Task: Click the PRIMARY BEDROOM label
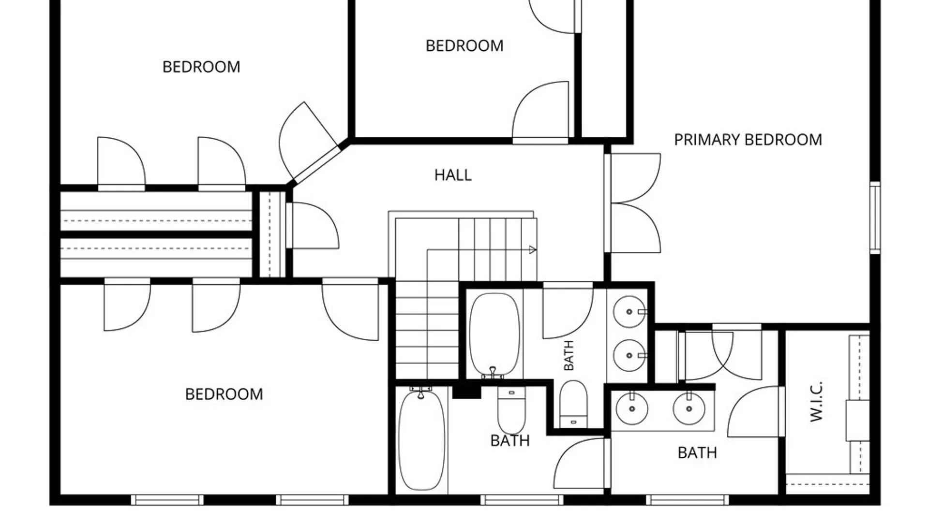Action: [x=748, y=140]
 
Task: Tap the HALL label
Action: [x=453, y=175]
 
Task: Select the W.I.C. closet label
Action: [x=816, y=401]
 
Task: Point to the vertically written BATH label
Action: [x=569, y=355]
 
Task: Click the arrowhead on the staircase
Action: [x=533, y=250]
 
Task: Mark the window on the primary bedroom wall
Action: [x=875, y=217]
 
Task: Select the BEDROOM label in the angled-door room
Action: [x=201, y=67]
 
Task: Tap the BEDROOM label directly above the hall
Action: [x=464, y=46]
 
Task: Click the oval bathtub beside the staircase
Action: [x=494, y=335]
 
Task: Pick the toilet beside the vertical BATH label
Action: [x=573, y=404]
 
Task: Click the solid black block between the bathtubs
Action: [x=466, y=390]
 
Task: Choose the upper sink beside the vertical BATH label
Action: [x=629, y=312]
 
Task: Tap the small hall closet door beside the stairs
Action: [x=313, y=226]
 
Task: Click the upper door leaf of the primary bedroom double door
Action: [x=633, y=178]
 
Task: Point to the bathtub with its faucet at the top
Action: [x=421, y=439]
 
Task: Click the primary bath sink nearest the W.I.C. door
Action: [x=689, y=409]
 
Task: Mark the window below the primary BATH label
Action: [x=687, y=500]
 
